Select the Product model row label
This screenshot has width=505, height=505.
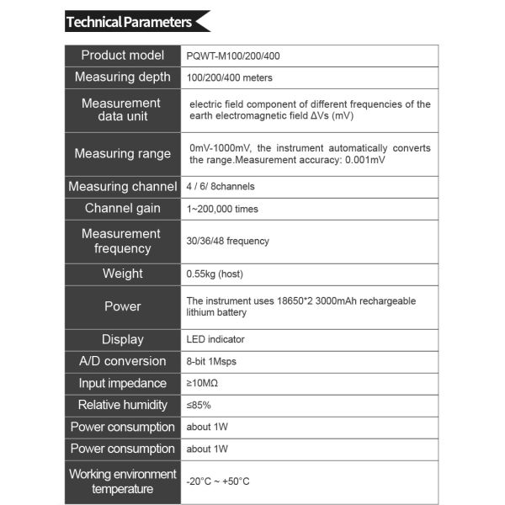[x=123, y=56]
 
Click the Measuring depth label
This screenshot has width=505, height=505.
[x=123, y=77]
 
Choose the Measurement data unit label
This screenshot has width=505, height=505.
[x=121, y=110]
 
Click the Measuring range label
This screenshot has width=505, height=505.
[x=123, y=154]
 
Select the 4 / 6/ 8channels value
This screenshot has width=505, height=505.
[x=221, y=187]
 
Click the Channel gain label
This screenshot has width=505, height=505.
[x=123, y=209]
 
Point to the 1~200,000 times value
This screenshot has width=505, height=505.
[x=223, y=209]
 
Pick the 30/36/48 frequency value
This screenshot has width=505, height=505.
[x=228, y=242]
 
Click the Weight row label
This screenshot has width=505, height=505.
[x=123, y=274]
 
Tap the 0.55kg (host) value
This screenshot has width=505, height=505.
[x=215, y=274]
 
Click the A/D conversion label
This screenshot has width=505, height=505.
[x=123, y=361]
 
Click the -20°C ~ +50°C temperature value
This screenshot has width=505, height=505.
[x=218, y=481]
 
